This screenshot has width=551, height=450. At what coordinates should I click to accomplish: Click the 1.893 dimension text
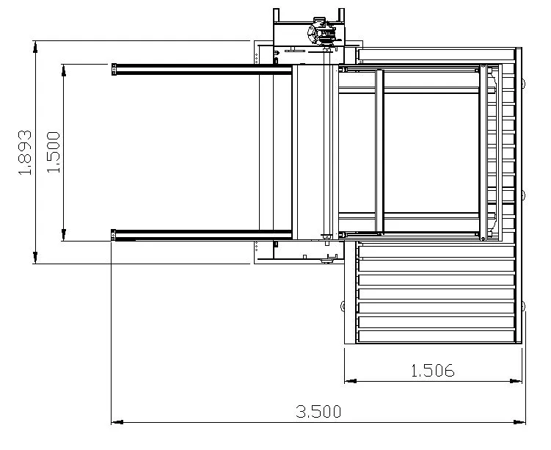coord(25,153)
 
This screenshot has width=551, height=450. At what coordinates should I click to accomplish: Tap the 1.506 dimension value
coord(433,371)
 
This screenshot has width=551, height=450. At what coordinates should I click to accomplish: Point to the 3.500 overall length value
coord(318,412)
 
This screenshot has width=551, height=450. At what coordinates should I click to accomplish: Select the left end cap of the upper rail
coord(114,70)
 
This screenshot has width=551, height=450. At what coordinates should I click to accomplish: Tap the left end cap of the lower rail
coord(114,235)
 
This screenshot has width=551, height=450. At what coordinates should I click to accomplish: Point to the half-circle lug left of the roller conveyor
coord(343,305)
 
